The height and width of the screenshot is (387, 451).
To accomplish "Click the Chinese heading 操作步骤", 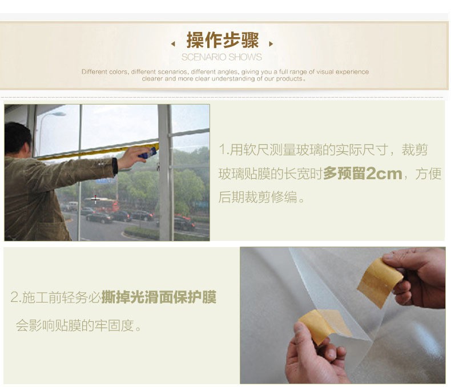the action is click(x=223, y=40).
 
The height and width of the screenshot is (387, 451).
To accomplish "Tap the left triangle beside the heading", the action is click(x=173, y=44).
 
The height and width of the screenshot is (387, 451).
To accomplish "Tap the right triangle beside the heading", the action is click(x=271, y=44).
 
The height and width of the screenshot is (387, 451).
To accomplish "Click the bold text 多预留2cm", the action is click(x=363, y=174).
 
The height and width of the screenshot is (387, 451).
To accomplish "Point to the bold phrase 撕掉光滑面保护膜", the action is click(x=159, y=297).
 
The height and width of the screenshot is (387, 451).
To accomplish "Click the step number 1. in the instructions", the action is click(x=224, y=150).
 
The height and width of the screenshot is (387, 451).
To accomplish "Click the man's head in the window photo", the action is click(x=17, y=139).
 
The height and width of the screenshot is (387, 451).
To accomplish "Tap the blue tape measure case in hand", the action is click(x=148, y=153).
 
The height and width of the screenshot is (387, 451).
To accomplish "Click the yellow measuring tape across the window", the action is click(x=98, y=151).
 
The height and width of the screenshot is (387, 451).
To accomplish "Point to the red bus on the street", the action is click(x=102, y=205).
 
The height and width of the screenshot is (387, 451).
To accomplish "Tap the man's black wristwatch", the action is click(x=115, y=167).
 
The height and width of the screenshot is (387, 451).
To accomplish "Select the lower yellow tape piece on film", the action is click(x=324, y=326).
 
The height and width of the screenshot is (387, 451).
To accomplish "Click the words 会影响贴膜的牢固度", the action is click(x=75, y=326).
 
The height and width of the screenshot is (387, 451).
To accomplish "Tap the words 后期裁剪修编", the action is click(x=257, y=197).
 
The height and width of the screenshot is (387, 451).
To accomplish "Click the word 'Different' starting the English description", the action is click(x=91, y=71).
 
